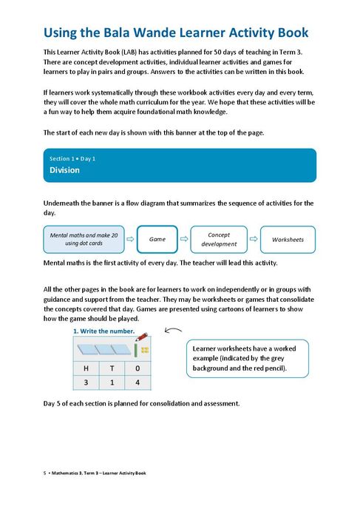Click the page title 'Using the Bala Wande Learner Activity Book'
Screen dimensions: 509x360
coord(176,33)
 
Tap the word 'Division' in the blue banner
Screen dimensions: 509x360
coord(64,170)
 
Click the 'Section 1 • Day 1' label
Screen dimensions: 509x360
coord(72,158)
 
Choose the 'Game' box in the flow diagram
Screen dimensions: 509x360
coord(157,239)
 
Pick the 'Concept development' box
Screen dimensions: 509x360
coord(219,239)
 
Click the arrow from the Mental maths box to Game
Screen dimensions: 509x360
coord(130,239)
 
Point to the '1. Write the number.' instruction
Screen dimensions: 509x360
coord(104,331)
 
